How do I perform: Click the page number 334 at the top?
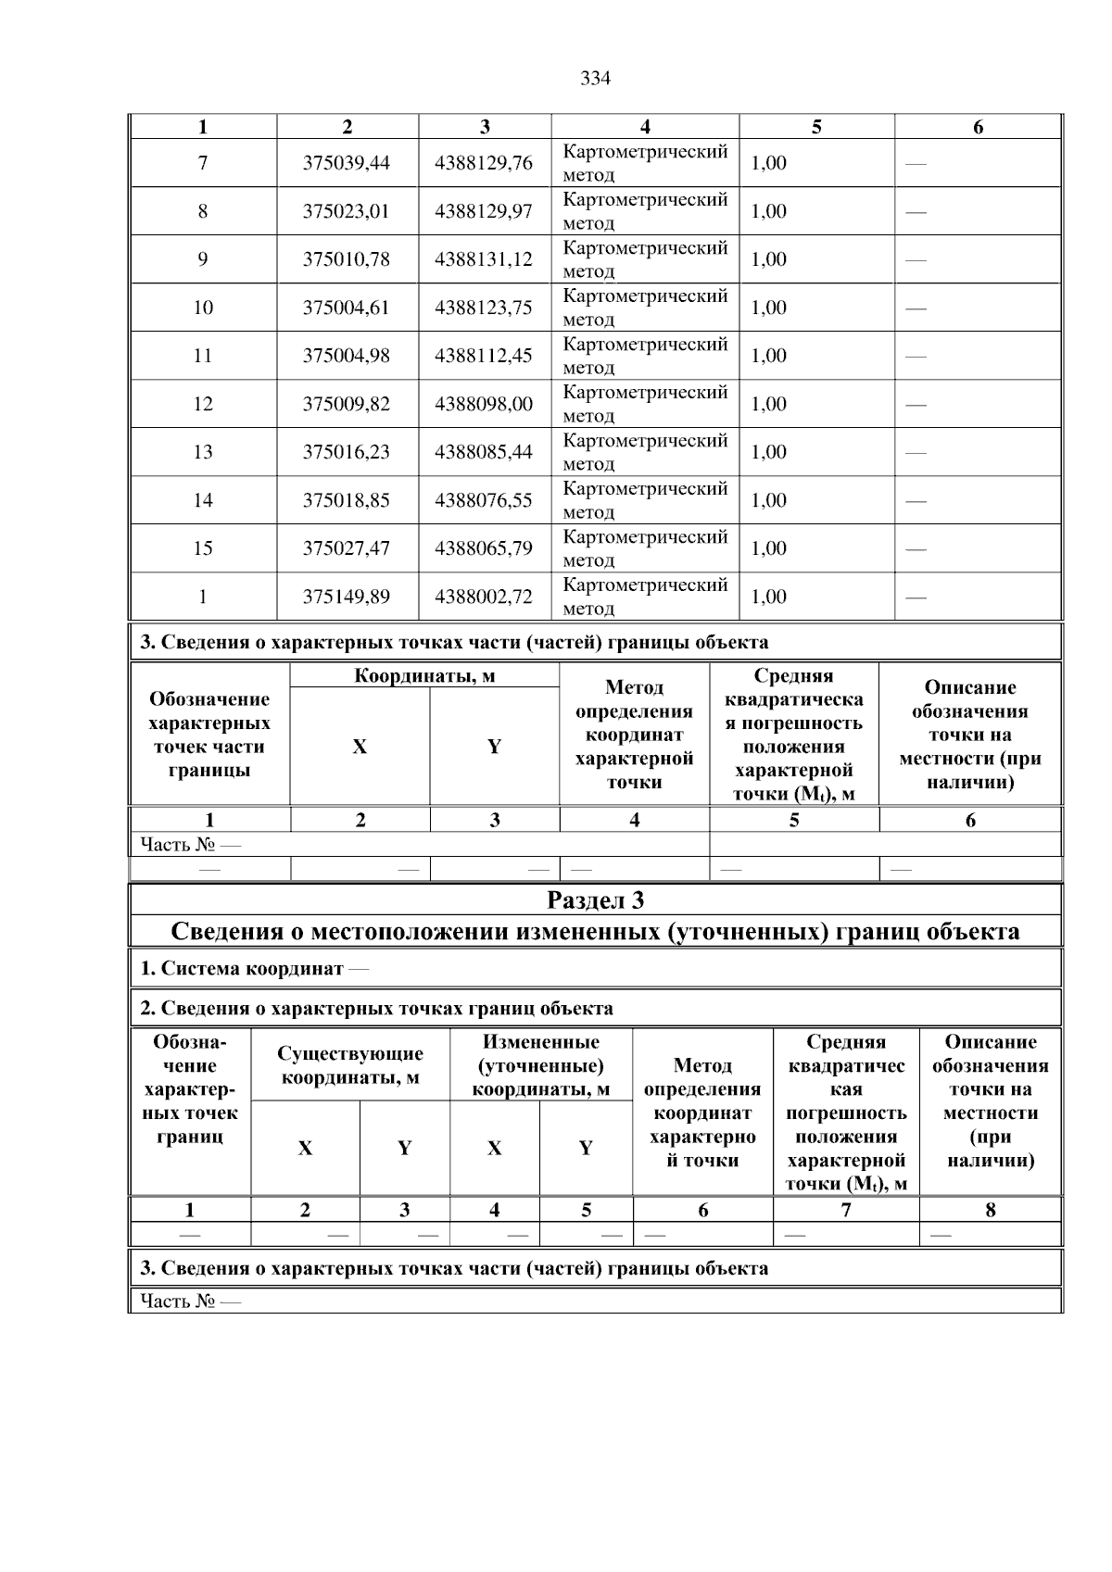tap(595, 79)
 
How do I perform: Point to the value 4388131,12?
tap(484, 259)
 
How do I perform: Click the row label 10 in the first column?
tap(203, 308)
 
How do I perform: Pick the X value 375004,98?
tap(347, 356)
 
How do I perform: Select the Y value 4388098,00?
tap(484, 404)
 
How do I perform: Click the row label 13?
tap(203, 452)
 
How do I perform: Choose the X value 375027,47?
tap(347, 548)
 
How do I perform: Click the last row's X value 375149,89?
tap(347, 597)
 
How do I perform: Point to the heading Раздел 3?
tap(595, 900)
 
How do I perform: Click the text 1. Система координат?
tap(242, 969)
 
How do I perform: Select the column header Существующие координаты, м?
tap(350, 1065)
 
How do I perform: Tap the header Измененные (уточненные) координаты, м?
tap(541, 1065)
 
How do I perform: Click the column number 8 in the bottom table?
tap(990, 1210)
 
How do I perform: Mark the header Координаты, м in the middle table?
tap(424, 676)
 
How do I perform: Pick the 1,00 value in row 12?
tap(768, 404)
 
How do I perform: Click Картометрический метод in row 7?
tap(645, 163)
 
